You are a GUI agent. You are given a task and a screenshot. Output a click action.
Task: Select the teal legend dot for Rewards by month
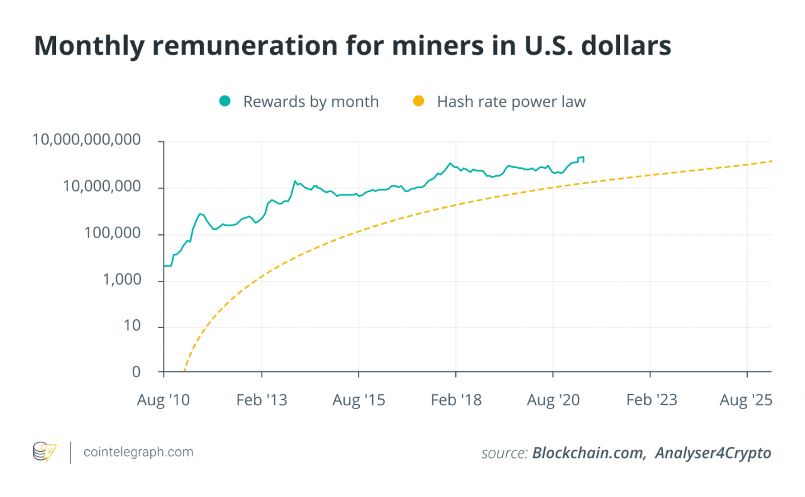[225, 101]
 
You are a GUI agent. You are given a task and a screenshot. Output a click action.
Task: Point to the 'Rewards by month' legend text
[311, 102]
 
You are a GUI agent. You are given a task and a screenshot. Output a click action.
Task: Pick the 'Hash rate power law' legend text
[511, 102]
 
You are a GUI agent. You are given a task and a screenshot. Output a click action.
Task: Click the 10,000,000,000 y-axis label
[86, 141]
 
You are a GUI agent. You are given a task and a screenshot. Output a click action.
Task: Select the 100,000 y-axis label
[118, 234]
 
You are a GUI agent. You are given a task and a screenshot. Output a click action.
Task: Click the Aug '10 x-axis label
[164, 400]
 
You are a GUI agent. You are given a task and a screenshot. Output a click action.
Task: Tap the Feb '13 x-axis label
[262, 400]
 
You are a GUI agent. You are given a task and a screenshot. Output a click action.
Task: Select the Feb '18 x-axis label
[456, 400]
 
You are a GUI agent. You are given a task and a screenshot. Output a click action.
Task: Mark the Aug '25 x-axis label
[747, 400]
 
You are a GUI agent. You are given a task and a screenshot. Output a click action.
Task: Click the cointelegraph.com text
[138, 452]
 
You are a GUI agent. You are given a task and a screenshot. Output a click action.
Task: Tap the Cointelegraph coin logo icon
[45, 452]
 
